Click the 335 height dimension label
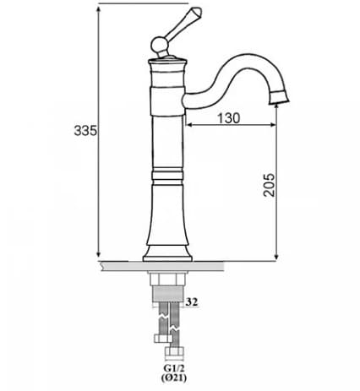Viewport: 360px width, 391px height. point(85,131)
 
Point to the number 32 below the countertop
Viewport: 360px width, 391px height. point(192,301)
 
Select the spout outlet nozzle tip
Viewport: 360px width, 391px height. point(276,100)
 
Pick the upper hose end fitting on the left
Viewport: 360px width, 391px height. point(161,339)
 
